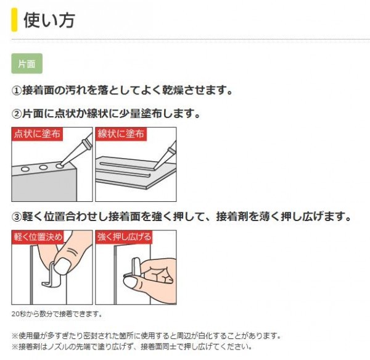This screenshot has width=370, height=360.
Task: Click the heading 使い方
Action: [x=49, y=20]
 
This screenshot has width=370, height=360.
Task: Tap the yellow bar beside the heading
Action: [x=14, y=20]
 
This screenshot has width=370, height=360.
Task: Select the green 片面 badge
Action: [x=27, y=64]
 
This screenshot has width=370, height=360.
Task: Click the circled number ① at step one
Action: [x=17, y=91]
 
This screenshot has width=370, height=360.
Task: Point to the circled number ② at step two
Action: [x=17, y=114]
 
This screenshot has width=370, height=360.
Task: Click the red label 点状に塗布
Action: [x=37, y=134]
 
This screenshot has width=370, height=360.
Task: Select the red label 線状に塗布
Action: [x=121, y=134]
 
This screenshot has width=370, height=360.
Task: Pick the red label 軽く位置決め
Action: [x=38, y=237]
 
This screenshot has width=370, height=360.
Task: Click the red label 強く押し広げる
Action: [x=124, y=237]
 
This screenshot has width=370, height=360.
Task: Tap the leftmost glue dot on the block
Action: [x=25, y=169]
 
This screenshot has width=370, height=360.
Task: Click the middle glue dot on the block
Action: [x=43, y=167]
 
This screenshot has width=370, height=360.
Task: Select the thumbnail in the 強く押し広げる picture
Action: [x=131, y=282]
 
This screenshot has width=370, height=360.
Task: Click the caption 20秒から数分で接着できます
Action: [x=57, y=314]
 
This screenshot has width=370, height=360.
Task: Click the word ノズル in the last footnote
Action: [x=56, y=346]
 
